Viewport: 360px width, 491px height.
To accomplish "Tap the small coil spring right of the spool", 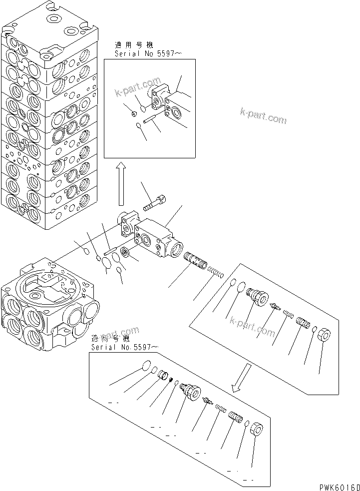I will coord(216,272).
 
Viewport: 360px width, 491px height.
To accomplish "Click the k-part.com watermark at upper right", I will coord(263,116).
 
